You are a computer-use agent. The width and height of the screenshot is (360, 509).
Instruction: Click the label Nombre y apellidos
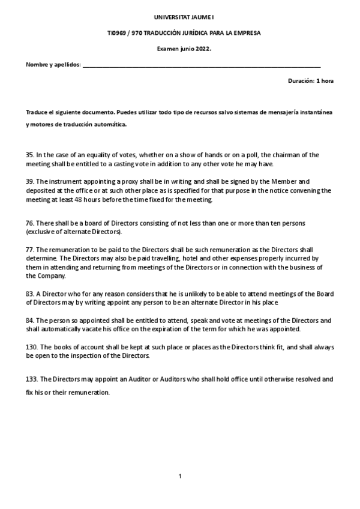pos(53,65)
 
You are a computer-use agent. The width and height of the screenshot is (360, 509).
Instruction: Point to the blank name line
pos(201,66)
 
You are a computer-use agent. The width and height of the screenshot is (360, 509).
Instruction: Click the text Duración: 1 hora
pos(311,80)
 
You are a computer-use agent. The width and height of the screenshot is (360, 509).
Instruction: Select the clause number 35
pos(29,154)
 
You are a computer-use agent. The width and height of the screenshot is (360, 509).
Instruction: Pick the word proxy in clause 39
pos(104,180)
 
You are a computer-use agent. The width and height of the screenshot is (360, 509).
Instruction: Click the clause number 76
pos(29,223)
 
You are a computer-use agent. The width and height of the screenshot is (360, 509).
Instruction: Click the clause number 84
pos(29,321)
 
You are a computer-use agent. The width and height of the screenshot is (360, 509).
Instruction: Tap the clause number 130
pos(31,347)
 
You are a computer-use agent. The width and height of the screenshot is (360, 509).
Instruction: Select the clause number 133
pos(31,379)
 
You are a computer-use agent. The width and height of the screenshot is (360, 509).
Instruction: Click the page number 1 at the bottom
pos(180,476)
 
